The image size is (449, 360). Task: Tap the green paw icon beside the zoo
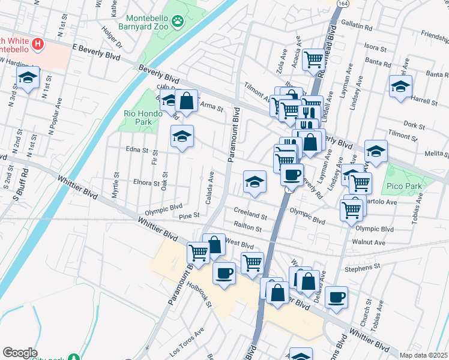pyautogui.click(x=178, y=23)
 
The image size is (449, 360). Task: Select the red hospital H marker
pyautogui.click(x=37, y=44)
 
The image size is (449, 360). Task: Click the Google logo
pyautogui.click(x=20, y=353)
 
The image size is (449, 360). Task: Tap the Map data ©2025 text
pyautogui.click(x=424, y=355)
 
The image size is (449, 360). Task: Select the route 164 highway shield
pyautogui.click(x=342, y=2)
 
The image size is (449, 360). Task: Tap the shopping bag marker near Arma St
pyautogui.click(x=187, y=101)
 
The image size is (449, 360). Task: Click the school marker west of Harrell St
pyautogui.click(x=400, y=86)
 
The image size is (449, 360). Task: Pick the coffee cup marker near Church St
pyautogui.click(x=336, y=296)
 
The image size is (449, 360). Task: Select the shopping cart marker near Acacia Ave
pyautogui.click(x=313, y=60)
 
